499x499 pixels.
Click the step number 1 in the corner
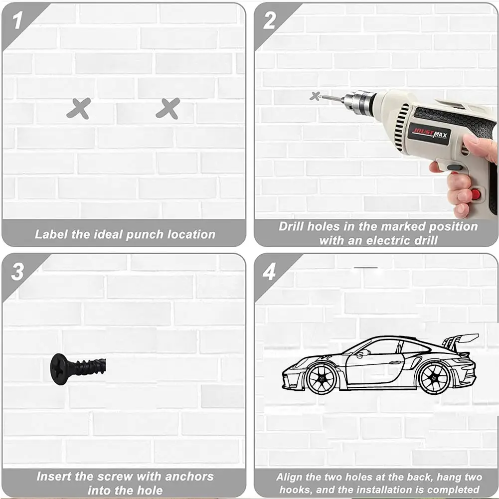click(x=17, y=20)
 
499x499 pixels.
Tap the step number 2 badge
click(x=269, y=20)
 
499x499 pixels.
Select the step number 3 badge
click(x=17, y=272)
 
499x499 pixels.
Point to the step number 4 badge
click(x=269, y=272)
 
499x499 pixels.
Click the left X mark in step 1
click(x=79, y=109)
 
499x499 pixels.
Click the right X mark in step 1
click(x=167, y=109)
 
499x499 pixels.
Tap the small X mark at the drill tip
click(x=315, y=96)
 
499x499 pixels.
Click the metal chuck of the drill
click(x=359, y=100)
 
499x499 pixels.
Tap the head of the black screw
click(x=59, y=369)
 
